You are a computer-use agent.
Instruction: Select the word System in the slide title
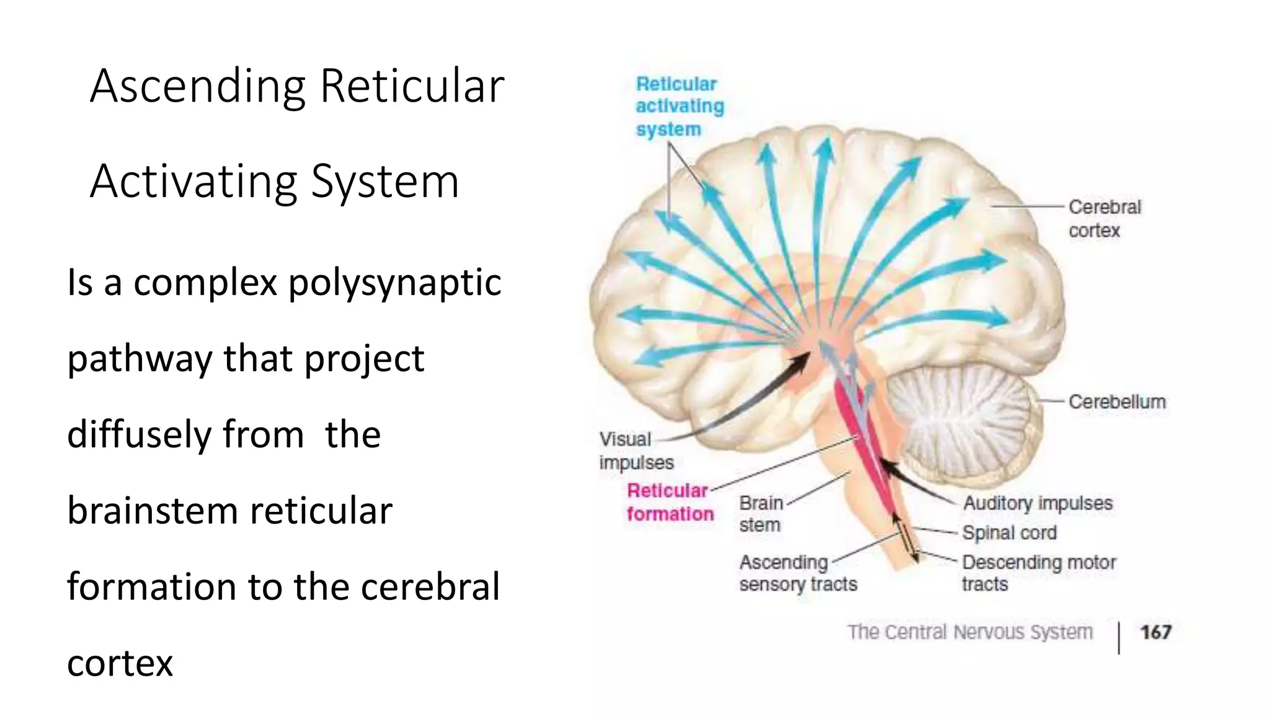[x=385, y=182]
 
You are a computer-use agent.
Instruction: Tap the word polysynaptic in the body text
[x=394, y=283]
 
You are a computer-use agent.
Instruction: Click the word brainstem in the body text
[x=153, y=511]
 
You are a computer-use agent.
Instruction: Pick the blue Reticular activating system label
[x=679, y=107]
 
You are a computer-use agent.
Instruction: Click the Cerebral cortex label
[x=1104, y=218]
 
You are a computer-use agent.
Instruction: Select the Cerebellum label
[x=1117, y=402]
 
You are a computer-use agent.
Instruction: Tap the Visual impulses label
[x=636, y=451]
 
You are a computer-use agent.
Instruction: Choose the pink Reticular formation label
[x=670, y=502]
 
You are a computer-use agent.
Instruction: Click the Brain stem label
[x=761, y=514]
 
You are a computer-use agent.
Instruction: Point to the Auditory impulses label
[x=1037, y=503]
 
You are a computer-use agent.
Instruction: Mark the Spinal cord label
[x=1009, y=532]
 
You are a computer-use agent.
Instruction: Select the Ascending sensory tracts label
[x=797, y=573]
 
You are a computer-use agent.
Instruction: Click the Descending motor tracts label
[x=1039, y=573]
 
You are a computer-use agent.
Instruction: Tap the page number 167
[x=1155, y=632]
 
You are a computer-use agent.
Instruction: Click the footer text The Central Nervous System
[x=970, y=632]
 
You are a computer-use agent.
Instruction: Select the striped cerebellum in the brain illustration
[x=961, y=415]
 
